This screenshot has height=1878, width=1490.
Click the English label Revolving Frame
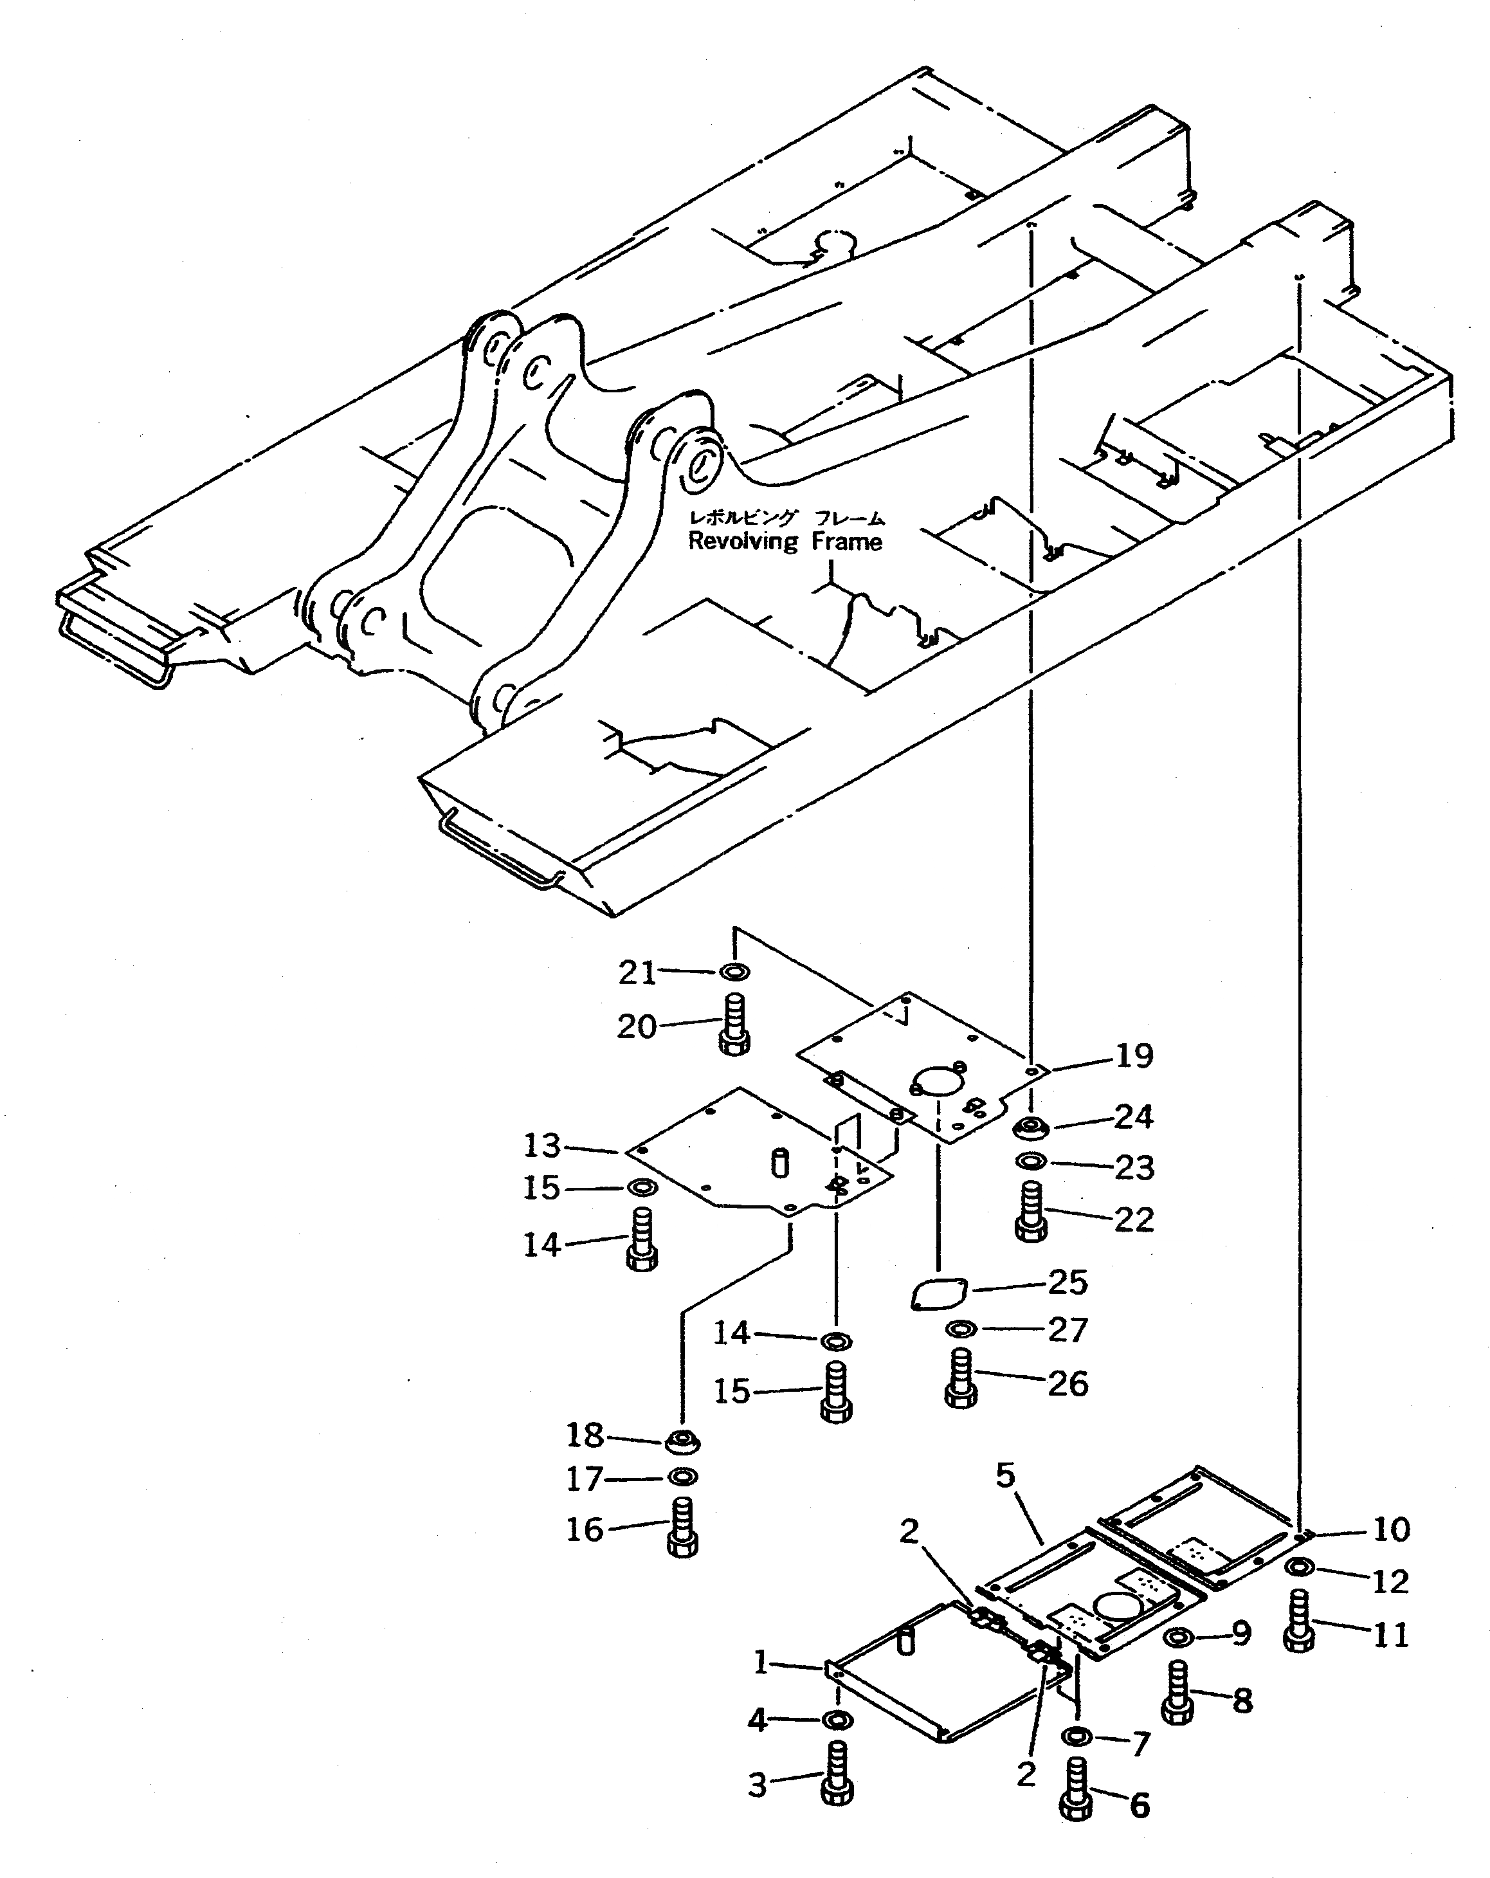click(x=785, y=542)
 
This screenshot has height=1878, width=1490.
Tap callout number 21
click(x=637, y=972)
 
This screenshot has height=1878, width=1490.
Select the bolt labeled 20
click(x=734, y=1027)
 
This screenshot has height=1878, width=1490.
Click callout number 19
click(x=1134, y=1055)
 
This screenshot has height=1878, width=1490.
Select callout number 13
click(x=541, y=1145)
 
